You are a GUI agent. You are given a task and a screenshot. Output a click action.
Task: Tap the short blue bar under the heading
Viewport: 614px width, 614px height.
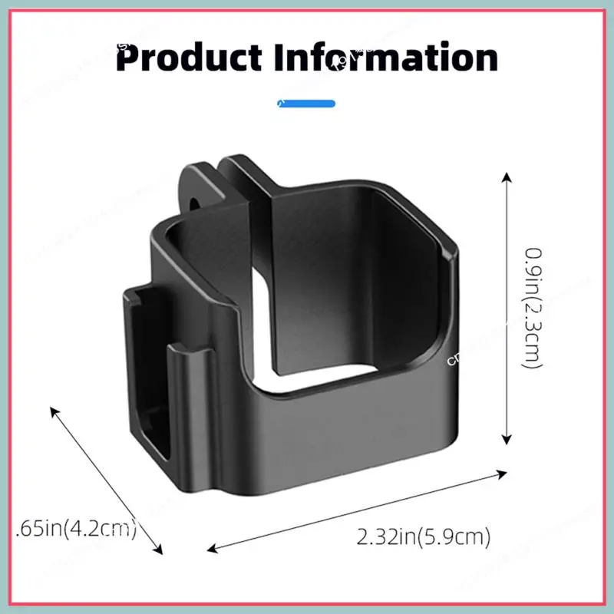pos(306,102)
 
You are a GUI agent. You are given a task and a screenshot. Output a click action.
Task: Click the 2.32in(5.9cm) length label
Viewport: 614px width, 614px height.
pos(424,536)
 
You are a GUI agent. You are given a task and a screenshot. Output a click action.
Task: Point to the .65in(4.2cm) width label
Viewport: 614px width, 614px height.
pos(77,529)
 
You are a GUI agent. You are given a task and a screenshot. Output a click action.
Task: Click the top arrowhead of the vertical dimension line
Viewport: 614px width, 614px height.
pos(506,177)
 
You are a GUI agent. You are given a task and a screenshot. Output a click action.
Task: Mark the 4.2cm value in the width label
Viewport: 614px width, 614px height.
pos(104,529)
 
